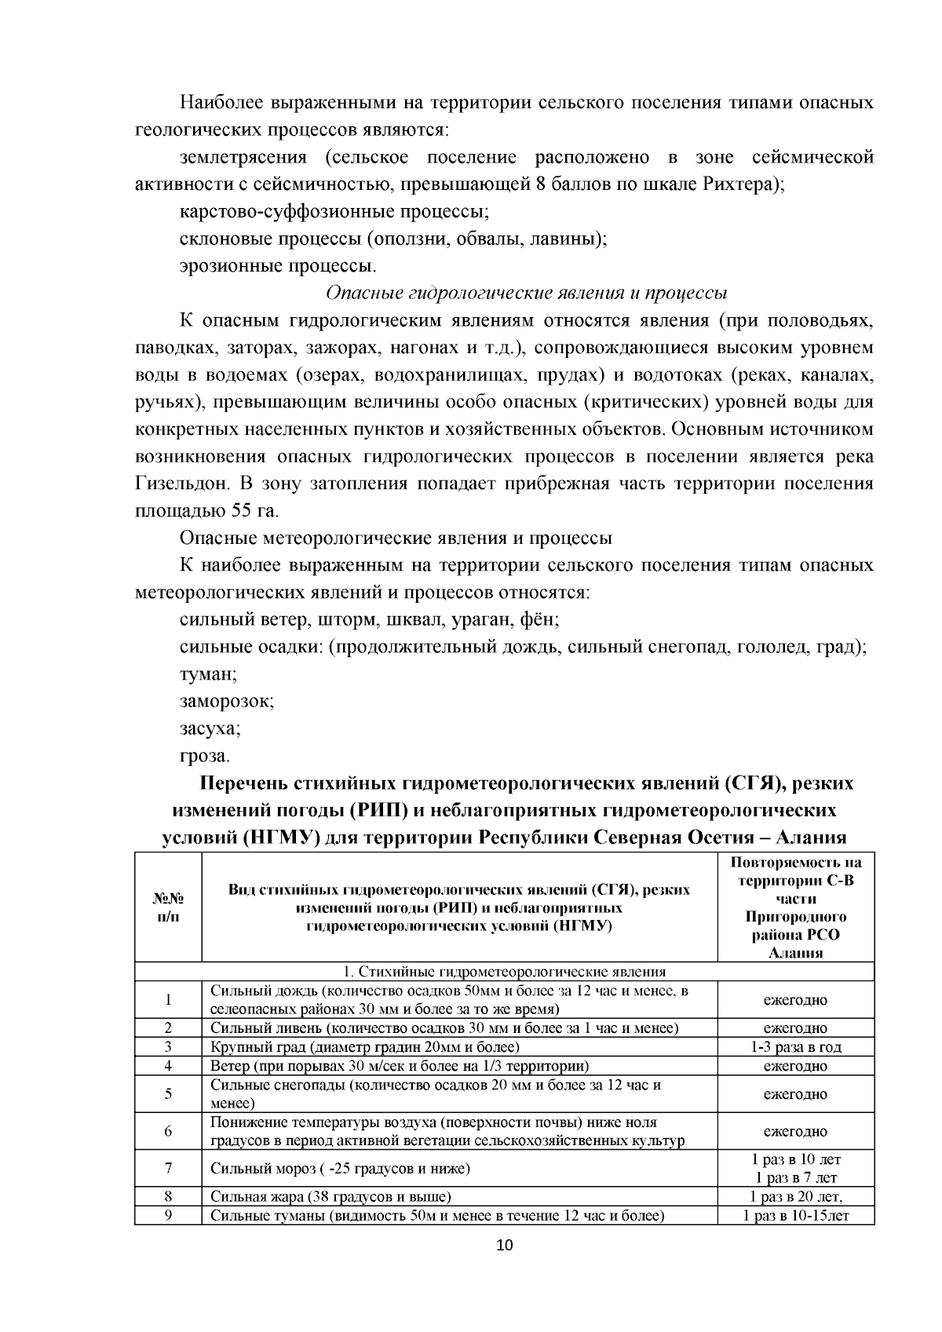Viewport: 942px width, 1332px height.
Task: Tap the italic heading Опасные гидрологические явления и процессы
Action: coord(526,293)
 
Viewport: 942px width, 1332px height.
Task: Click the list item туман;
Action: coord(208,674)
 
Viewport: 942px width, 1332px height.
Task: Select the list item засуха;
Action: coord(210,728)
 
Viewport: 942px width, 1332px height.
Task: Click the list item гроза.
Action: coord(204,756)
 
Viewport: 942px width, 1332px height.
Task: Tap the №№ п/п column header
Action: coord(168,907)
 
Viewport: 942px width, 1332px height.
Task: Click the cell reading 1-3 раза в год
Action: coord(795,1047)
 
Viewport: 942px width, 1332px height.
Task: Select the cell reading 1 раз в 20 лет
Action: coord(795,1197)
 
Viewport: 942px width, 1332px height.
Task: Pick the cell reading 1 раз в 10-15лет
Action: coord(795,1216)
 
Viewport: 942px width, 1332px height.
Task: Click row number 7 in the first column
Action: coord(168,1168)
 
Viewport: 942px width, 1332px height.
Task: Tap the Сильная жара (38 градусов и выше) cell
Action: coord(330,1197)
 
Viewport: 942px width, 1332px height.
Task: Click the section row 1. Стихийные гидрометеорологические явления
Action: coord(504,971)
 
